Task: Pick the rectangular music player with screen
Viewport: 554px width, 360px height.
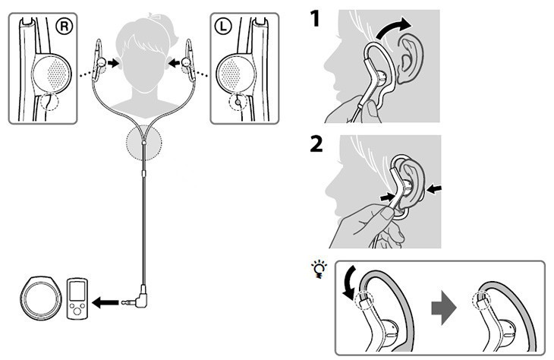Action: tap(77, 298)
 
